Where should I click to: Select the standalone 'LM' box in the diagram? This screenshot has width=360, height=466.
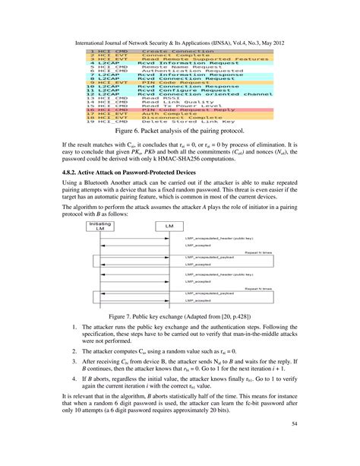click(x=169, y=227)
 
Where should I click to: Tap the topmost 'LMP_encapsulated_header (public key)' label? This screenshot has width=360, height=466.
click(x=219, y=239)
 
